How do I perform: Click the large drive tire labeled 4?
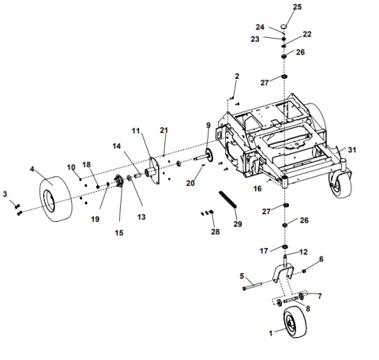pos(56,199)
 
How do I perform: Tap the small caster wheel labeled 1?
pos(295,322)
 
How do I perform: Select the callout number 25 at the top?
pos(298,7)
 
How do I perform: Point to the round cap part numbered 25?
pos(283,27)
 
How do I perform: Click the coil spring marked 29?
pos(228,200)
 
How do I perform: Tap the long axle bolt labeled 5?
pos(252,286)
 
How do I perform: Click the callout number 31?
pos(352,150)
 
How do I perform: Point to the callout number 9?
pos(208,126)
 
